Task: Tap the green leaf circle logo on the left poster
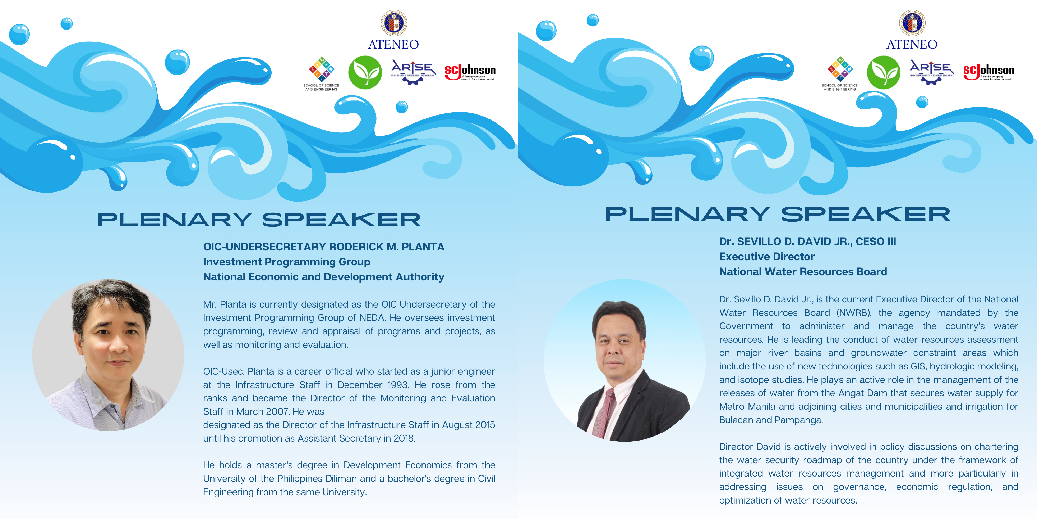tap(365, 73)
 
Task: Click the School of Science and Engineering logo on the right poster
tap(840, 73)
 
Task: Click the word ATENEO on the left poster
tap(393, 44)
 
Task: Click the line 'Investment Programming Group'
tap(286, 262)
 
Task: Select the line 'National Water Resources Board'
tap(803, 272)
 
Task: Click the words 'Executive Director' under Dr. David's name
tap(766, 257)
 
